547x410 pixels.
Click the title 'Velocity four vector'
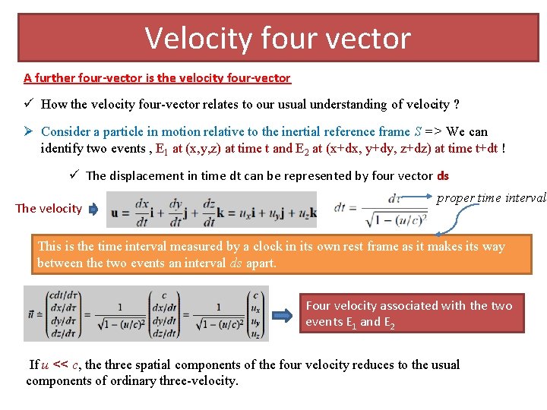[277, 38]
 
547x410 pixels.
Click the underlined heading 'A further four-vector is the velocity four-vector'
[157, 77]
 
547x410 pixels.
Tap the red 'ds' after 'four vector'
[443, 175]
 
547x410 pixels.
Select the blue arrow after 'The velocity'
[93, 209]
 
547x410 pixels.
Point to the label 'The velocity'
[49, 208]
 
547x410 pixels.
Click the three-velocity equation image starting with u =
[211, 210]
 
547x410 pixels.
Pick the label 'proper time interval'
[491, 197]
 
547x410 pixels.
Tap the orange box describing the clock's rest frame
[271, 254]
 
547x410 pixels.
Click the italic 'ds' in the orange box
[236, 263]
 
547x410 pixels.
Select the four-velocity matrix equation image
[145, 314]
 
